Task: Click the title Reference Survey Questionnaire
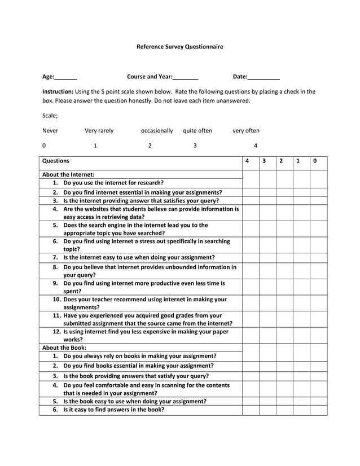pyautogui.click(x=179, y=46)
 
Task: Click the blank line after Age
pyautogui.click(x=66, y=77)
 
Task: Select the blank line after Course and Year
pyautogui.click(x=186, y=77)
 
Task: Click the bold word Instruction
pyautogui.click(x=58, y=91)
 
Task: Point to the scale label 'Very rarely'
pyautogui.click(x=99, y=130)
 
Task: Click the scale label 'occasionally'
pyautogui.click(x=157, y=130)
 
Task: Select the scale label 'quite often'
pyautogui.click(x=197, y=130)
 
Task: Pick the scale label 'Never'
pyautogui.click(x=50, y=130)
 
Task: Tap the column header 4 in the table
pyautogui.click(x=247, y=161)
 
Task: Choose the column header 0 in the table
pyautogui.click(x=315, y=161)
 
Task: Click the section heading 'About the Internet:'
pyautogui.click(x=68, y=174)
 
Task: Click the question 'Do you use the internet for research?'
pyautogui.click(x=113, y=183)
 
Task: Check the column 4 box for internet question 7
pyautogui.click(x=251, y=257)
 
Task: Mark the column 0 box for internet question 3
pyautogui.click(x=318, y=200)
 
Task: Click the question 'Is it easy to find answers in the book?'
pyautogui.click(x=113, y=410)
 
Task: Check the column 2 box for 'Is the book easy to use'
pyautogui.click(x=284, y=401)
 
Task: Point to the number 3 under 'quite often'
pyautogui.click(x=195, y=146)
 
